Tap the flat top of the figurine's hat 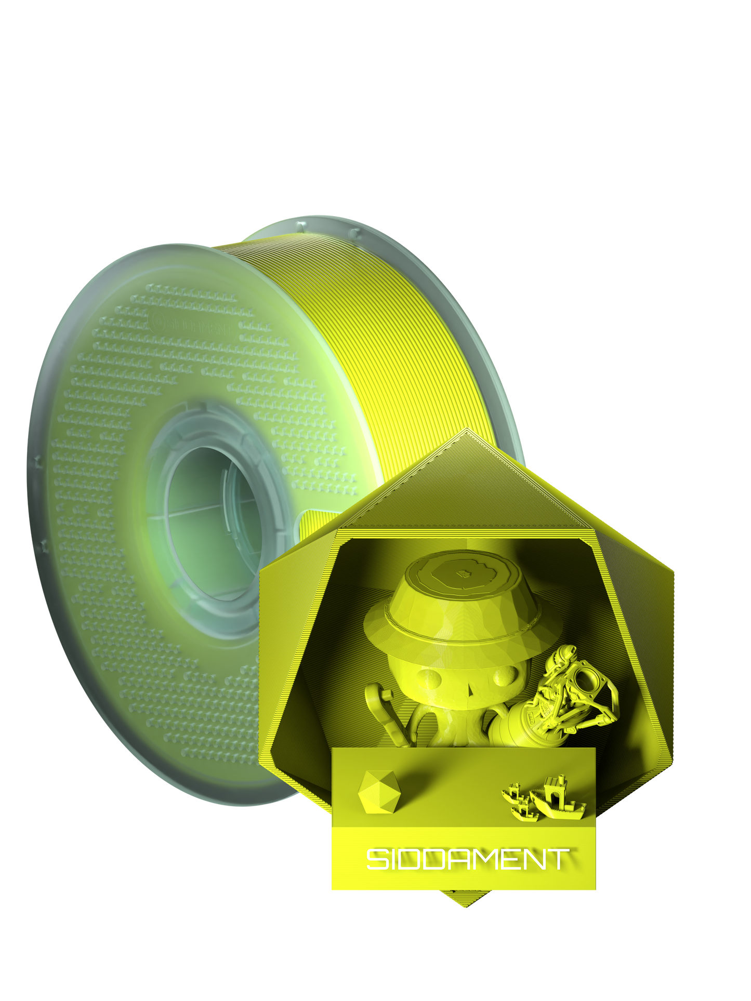click(463, 573)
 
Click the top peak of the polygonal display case click(466, 431)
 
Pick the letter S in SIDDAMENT click(377, 859)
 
